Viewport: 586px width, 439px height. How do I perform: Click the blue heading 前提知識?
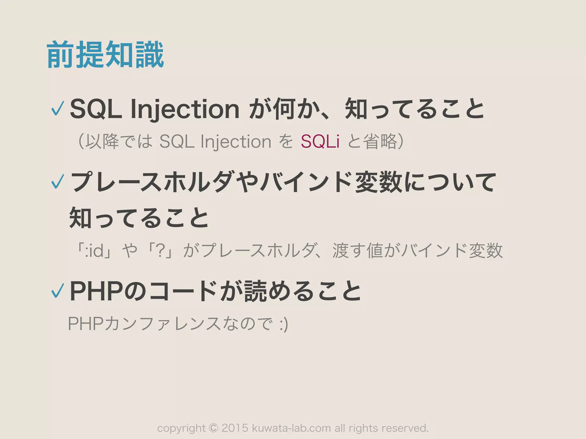[x=105, y=54]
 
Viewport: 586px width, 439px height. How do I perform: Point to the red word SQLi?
[x=320, y=141]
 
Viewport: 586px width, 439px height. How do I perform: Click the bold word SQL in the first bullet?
[x=96, y=109]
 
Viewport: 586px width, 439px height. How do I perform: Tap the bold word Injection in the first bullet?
[x=185, y=109]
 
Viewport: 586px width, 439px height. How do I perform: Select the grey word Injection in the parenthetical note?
[x=236, y=142]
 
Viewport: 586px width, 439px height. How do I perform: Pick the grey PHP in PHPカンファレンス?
[x=86, y=324]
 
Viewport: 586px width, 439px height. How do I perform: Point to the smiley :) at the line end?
[x=284, y=325]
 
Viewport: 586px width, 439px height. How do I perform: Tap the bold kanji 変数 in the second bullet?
[x=379, y=182]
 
